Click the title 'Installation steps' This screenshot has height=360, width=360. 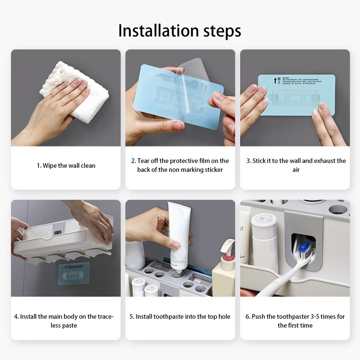pyautogui.click(x=180, y=31)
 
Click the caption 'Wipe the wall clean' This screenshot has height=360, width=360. pyautogui.click(x=66, y=166)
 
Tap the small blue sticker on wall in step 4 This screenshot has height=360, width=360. pyautogui.click(x=74, y=273)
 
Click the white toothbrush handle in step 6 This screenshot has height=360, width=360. pyautogui.click(x=282, y=282)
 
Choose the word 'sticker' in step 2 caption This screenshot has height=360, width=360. pyautogui.click(x=214, y=170)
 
